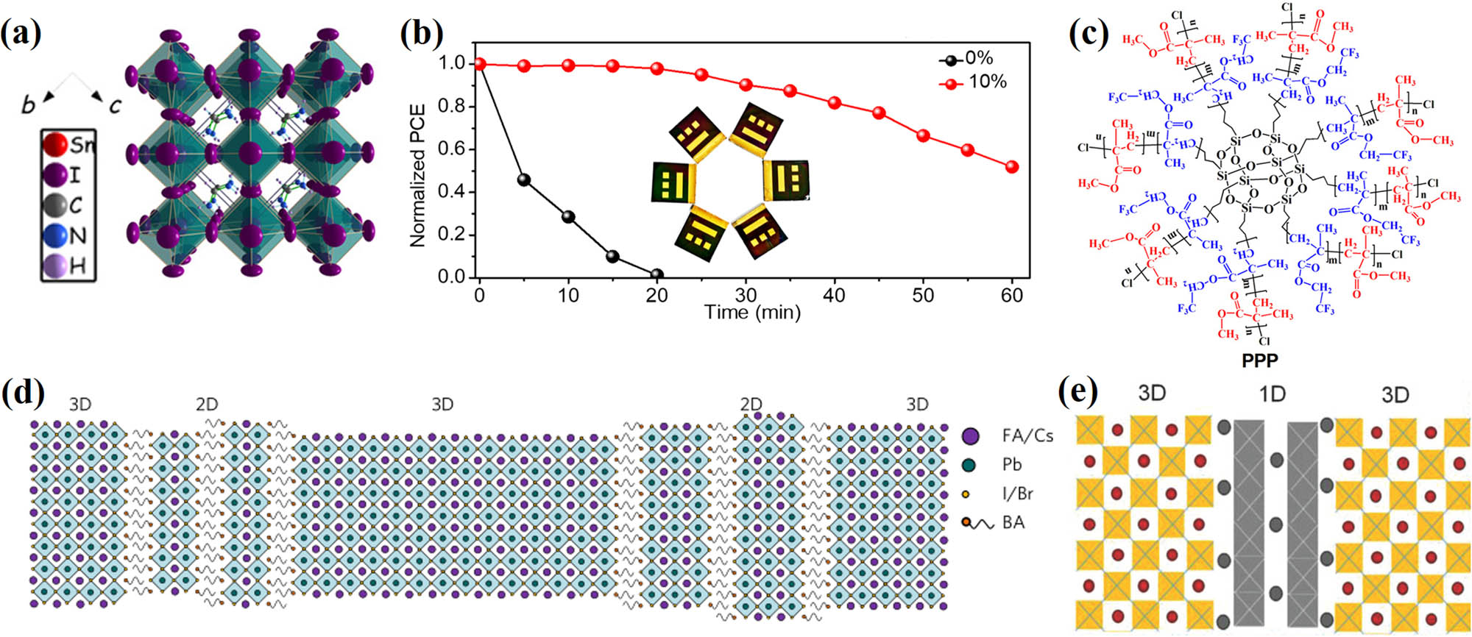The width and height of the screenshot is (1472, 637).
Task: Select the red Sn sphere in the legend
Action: pyautogui.click(x=55, y=144)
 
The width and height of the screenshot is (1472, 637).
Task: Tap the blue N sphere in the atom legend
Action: pyautogui.click(x=55, y=235)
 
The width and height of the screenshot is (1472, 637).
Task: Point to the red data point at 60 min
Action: pyautogui.click(x=1012, y=167)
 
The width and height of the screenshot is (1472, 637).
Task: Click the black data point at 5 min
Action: pyautogui.click(x=524, y=179)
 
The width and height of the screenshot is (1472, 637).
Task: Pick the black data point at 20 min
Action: pyautogui.click(x=657, y=274)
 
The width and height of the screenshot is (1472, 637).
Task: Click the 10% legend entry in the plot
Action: pyautogui.click(x=972, y=82)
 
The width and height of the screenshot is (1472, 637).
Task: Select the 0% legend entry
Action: pyautogui.click(x=967, y=59)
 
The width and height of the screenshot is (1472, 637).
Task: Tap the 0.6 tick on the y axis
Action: pyautogui.click(x=452, y=149)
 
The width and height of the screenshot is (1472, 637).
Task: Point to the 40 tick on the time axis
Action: pyautogui.click(x=834, y=296)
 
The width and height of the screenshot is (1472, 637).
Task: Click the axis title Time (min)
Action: pyautogui.click(x=752, y=313)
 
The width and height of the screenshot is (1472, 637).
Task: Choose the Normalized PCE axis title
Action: pyautogui.click(x=418, y=175)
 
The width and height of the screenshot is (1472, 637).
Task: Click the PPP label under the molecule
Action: pyautogui.click(x=1259, y=360)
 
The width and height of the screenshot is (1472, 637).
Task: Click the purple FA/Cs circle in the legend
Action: pyautogui.click(x=971, y=436)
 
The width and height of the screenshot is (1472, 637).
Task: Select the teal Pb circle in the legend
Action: pyautogui.click(x=971, y=465)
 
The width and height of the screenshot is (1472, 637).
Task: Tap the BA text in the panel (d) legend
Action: pyautogui.click(x=1013, y=522)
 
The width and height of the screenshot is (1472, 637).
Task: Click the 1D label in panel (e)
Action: pyautogui.click(x=1273, y=395)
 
